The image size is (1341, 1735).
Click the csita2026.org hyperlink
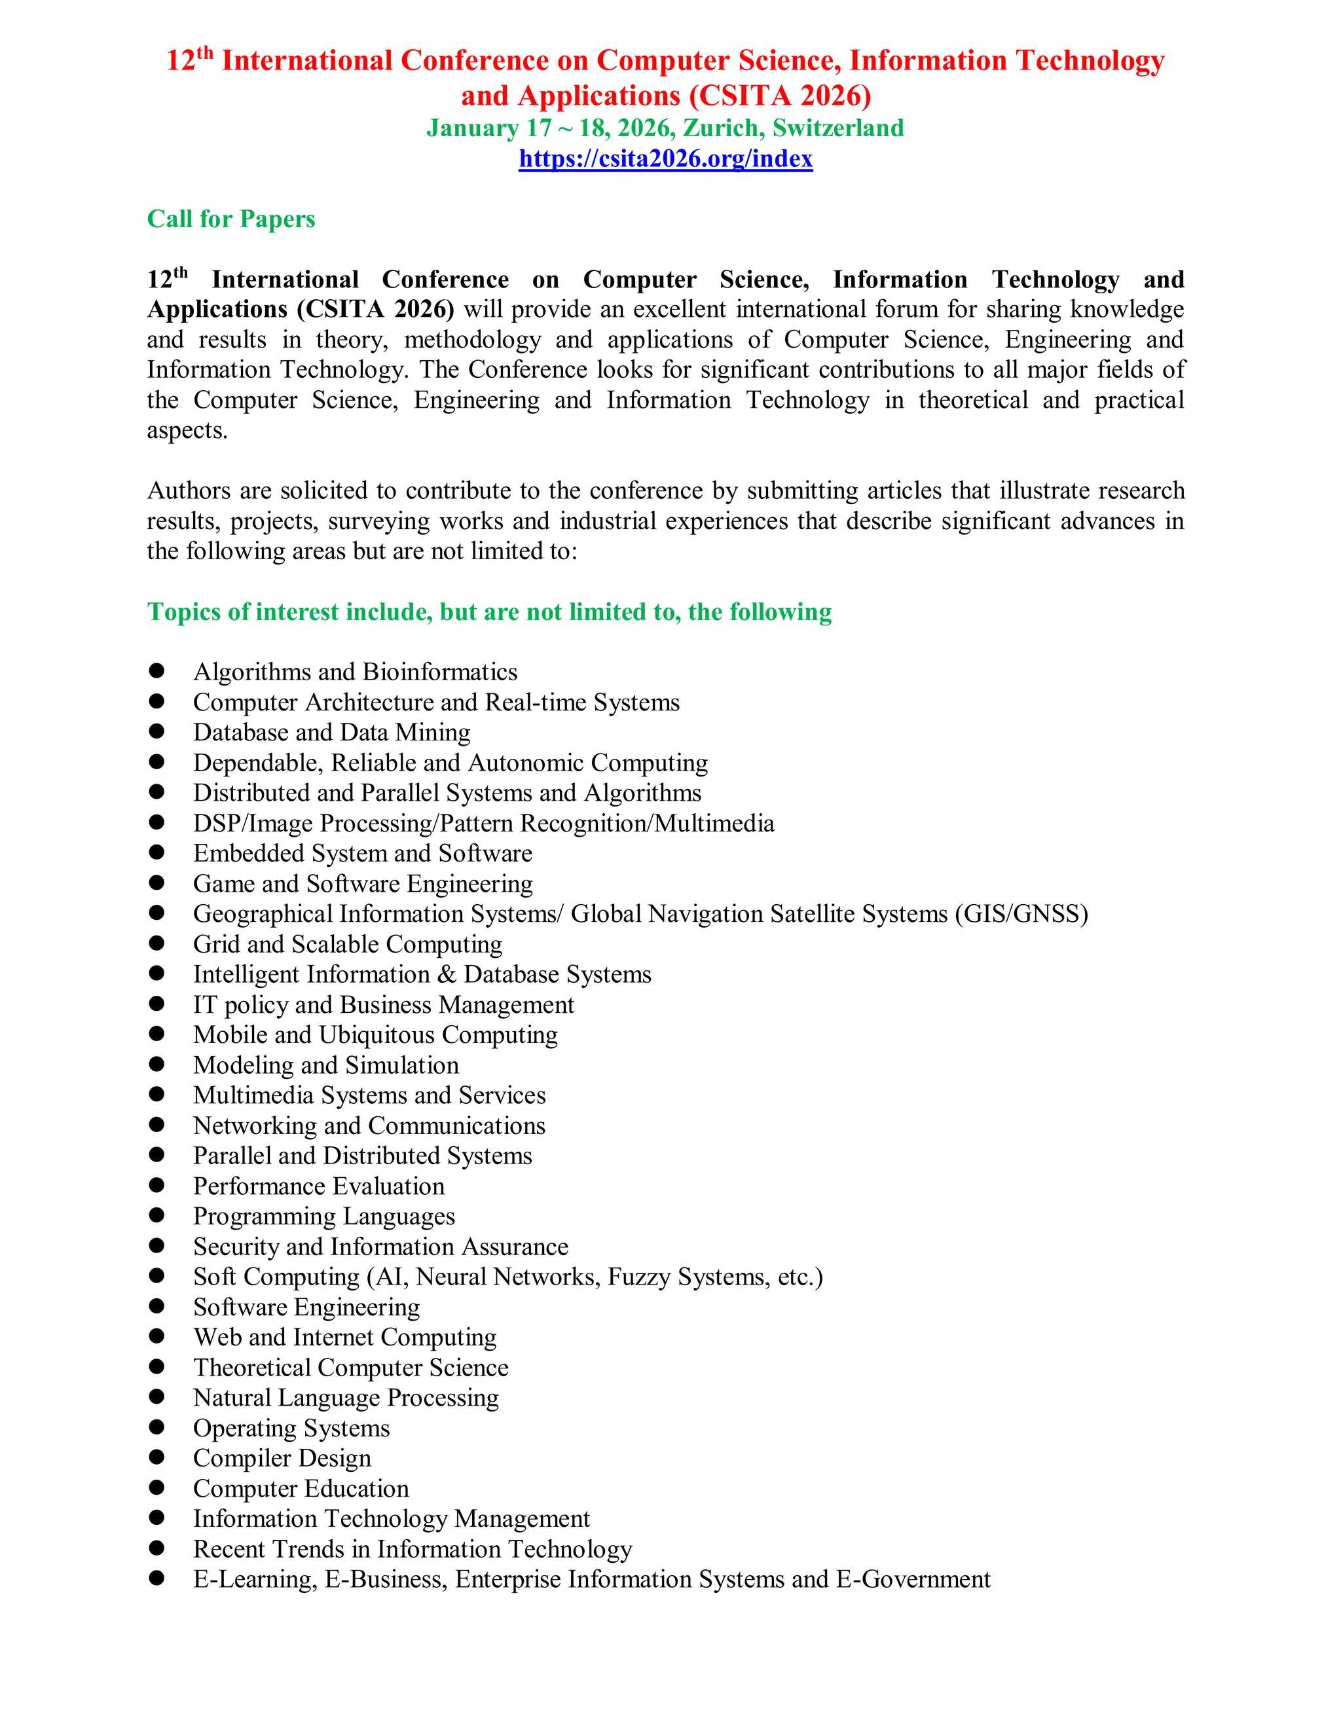coord(666,159)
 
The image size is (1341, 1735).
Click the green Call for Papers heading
coord(231,219)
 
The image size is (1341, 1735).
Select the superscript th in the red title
coord(205,53)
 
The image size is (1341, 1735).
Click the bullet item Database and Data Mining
coord(331,733)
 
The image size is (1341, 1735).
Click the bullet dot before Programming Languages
coord(156,1215)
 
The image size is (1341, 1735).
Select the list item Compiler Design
coord(282,1459)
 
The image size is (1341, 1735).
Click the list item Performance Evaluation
coord(319,1187)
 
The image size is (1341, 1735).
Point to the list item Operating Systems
coord(291,1429)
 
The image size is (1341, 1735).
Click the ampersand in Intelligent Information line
coord(447,975)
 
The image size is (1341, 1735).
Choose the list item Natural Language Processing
coord(346,1398)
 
